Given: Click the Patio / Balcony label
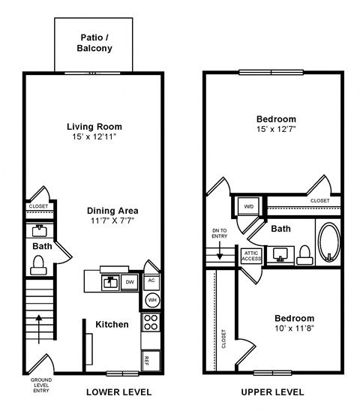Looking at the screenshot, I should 94,43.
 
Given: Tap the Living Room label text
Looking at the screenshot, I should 94,127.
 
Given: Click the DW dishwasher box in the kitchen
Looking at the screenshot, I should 130,282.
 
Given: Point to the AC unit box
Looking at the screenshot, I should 151,280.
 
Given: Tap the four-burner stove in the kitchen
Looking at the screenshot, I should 151,322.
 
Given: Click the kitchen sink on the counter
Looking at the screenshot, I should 110,282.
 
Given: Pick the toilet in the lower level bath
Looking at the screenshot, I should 39,263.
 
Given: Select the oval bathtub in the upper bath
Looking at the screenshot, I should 328,243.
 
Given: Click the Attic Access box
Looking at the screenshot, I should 250,256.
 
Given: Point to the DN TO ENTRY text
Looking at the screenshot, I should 218,233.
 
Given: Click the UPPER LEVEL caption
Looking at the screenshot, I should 274,392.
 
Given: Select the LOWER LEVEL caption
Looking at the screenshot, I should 118,392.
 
